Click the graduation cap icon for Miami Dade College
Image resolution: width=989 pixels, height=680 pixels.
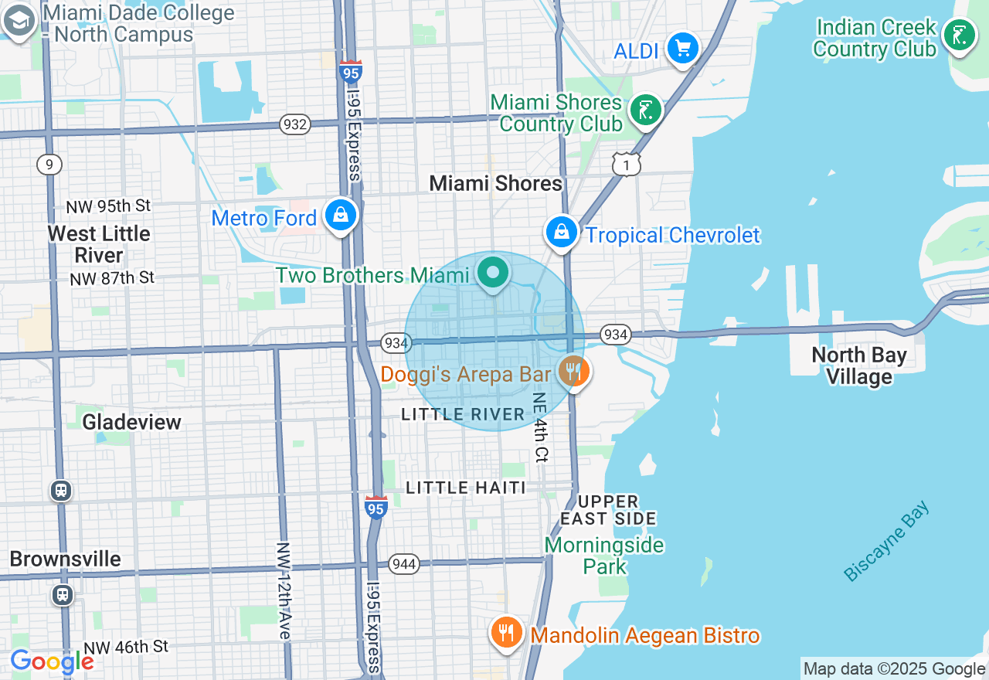(x=19, y=22)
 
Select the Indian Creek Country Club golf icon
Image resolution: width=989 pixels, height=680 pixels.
(x=959, y=36)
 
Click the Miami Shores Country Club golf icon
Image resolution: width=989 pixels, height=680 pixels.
(x=644, y=111)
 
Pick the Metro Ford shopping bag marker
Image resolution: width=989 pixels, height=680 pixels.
(x=340, y=216)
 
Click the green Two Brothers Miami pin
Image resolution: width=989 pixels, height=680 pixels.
(x=492, y=273)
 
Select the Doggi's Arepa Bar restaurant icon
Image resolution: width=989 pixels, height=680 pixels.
(x=573, y=372)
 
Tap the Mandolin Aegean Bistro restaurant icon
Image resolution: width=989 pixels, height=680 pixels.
(x=507, y=634)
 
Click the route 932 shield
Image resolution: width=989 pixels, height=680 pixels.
(x=295, y=124)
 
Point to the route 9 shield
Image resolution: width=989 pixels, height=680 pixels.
(x=49, y=164)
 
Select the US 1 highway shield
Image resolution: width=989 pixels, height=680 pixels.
(x=626, y=163)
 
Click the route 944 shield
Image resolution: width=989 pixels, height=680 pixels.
(x=404, y=564)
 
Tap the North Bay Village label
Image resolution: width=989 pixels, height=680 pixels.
(x=859, y=365)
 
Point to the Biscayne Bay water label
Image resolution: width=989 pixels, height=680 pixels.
(x=886, y=542)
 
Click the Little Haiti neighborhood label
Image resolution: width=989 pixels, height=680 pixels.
(x=466, y=488)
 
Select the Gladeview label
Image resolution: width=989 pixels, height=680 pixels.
(x=131, y=422)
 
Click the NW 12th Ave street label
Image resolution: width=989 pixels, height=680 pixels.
(x=284, y=590)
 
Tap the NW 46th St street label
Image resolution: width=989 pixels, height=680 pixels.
(x=126, y=648)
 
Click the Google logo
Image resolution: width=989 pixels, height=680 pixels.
(x=52, y=661)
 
